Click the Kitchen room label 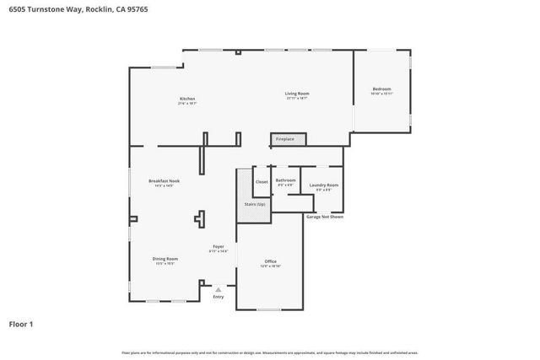pos(187,99)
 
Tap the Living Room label pos(296,94)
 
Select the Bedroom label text pos(382,89)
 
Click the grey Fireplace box pos(284,138)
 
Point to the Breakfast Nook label pos(164,180)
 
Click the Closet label pos(262,181)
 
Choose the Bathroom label pos(285,180)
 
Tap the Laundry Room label pos(324,185)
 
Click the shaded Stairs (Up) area pos(254,204)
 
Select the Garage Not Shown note pos(324,217)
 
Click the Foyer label pos(218,247)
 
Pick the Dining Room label pos(165,259)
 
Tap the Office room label pos(270,261)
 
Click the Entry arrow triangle pos(219,288)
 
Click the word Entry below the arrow pos(219,297)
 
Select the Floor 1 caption pos(22,323)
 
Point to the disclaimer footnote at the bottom pos(270,352)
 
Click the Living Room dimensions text pos(296,99)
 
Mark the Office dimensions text pos(270,266)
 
